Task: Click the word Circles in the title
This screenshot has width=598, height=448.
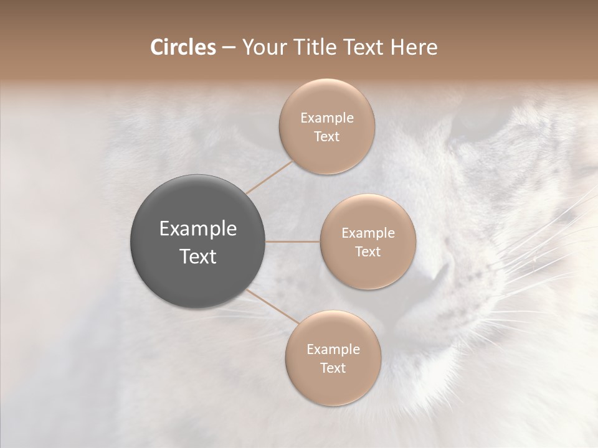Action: [x=183, y=47]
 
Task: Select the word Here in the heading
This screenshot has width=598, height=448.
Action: [x=414, y=47]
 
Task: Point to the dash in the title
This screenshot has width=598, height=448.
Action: [x=228, y=48]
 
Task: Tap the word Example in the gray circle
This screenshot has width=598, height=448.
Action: [x=198, y=229]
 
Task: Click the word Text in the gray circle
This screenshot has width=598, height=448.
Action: [x=198, y=256]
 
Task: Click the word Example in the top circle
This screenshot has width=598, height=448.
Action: [x=327, y=118]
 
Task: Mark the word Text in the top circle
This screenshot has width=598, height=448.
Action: [x=327, y=137]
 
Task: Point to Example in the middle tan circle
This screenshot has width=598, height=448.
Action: [x=368, y=233]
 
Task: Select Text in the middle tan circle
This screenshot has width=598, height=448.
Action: [x=368, y=252]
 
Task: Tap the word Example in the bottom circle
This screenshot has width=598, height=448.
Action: [x=333, y=350]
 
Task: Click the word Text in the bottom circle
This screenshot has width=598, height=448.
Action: [x=333, y=368]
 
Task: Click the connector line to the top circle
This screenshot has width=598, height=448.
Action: [x=270, y=177]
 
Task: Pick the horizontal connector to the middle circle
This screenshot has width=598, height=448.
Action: [x=293, y=241]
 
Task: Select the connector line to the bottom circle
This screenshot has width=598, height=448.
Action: [x=273, y=306]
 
